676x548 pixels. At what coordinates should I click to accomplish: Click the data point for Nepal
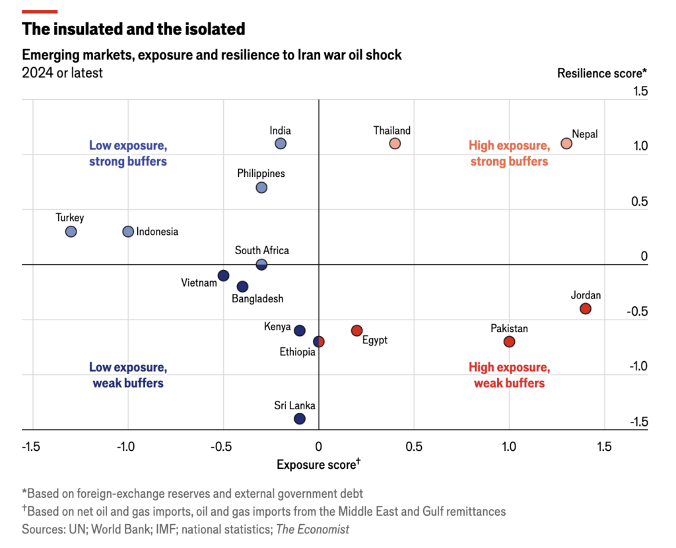click(x=566, y=143)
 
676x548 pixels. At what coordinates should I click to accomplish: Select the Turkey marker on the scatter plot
click(x=71, y=232)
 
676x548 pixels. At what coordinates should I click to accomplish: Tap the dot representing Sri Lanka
click(x=300, y=419)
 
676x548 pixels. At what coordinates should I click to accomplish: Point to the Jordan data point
click(x=586, y=309)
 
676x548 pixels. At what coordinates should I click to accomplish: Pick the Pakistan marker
click(x=509, y=342)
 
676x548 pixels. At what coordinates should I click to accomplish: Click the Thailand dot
click(x=395, y=143)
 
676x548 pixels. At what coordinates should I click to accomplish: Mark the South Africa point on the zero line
click(x=261, y=265)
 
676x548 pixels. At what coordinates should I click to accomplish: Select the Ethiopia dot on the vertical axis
click(x=319, y=342)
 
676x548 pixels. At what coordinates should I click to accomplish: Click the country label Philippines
click(x=261, y=174)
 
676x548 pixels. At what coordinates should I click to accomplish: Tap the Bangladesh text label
click(x=257, y=299)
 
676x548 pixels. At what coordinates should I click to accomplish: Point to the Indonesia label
click(x=157, y=232)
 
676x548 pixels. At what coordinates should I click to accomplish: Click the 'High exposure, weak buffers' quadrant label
click(x=510, y=375)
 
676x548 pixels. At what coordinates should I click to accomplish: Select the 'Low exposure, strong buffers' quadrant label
click(x=128, y=153)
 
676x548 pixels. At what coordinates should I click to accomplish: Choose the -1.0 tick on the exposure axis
click(x=125, y=447)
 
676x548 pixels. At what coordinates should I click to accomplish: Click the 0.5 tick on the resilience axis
click(x=639, y=201)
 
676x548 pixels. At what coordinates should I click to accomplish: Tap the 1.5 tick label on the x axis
click(x=605, y=447)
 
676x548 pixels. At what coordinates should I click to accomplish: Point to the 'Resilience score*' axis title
click(x=602, y=73)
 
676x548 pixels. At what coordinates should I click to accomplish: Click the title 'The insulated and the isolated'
click(x=133, y=29)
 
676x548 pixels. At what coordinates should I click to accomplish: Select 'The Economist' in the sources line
click(x=312, y=529)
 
